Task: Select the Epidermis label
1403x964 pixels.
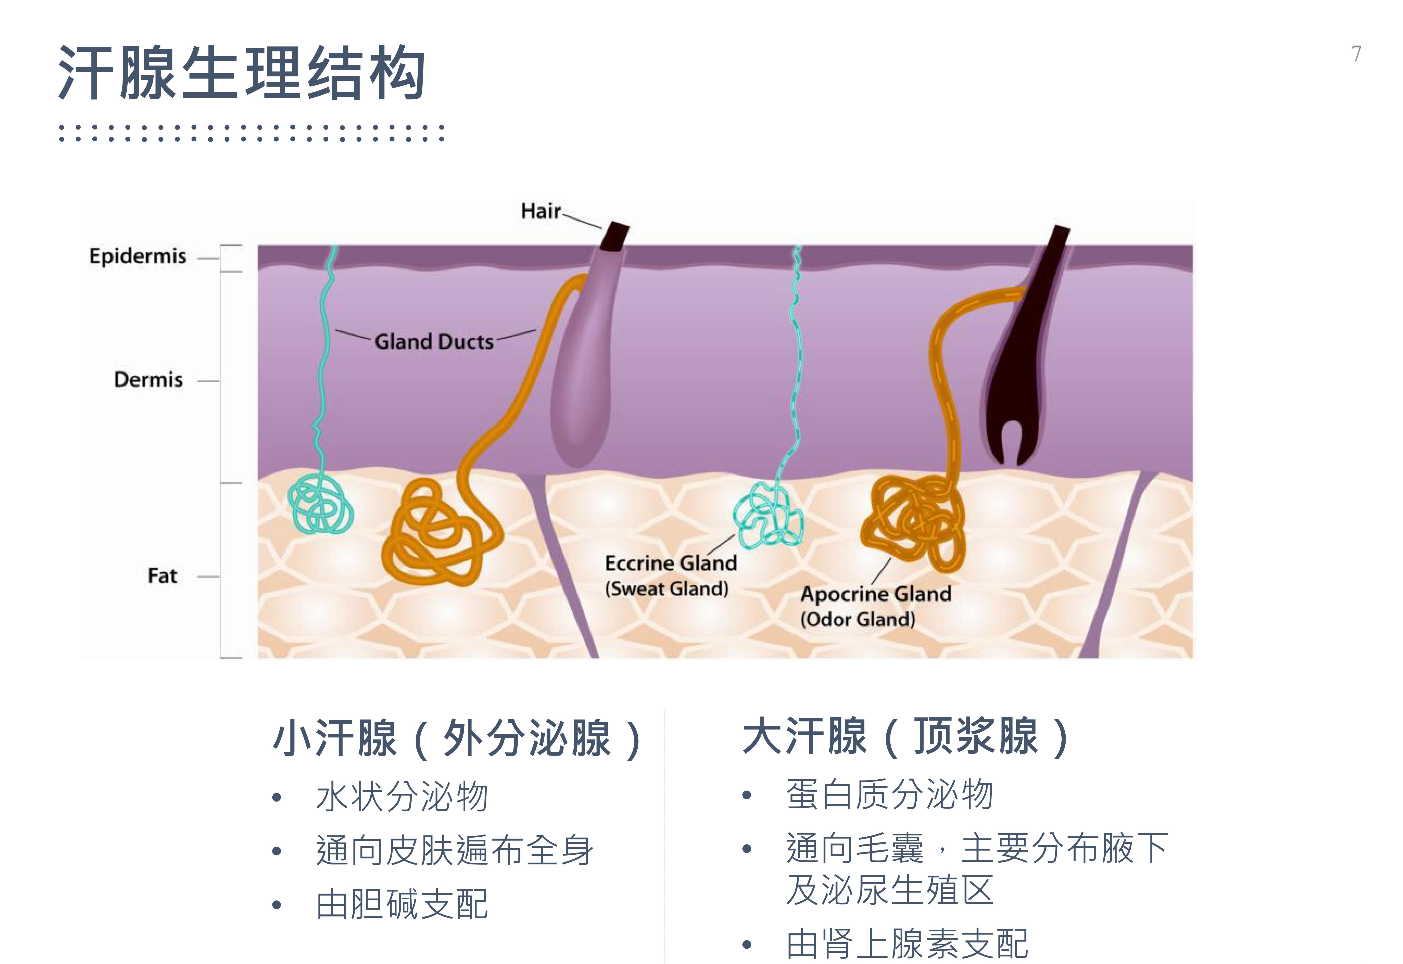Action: [138, 256]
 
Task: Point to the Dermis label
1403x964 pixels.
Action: [148, 380]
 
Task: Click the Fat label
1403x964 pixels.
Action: [162, 576]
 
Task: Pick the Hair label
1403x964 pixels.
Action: [541, 211]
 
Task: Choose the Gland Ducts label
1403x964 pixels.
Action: [434, 342]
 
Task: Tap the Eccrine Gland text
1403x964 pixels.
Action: [671, 563]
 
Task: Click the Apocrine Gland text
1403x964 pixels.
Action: [876, 594]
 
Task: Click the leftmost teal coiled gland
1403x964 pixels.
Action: [320, 504]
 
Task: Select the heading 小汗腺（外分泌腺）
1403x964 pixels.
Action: [456, 738]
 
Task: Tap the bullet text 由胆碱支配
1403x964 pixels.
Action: [402, 904]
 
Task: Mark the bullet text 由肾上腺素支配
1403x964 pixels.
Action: [906, 944]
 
